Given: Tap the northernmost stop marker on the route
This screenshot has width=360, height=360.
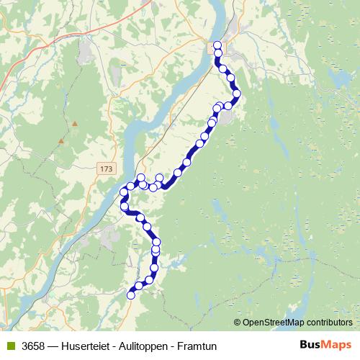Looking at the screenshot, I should pos(217,45).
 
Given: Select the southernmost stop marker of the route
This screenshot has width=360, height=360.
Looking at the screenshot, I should pos(131,294).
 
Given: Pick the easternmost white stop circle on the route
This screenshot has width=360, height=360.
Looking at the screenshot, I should pos(236,94).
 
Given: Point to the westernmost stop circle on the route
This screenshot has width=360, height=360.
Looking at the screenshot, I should pos(122,192).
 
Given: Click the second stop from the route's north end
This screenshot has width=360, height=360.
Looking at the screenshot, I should pos(217,53).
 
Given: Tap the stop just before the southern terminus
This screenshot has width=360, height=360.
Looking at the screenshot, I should pos(140,286).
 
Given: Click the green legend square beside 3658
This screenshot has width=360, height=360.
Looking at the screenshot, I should pos(9,346).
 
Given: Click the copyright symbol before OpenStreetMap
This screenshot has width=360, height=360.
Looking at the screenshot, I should pos(238,323).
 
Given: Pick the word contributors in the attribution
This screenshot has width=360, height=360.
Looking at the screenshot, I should pos(328,323).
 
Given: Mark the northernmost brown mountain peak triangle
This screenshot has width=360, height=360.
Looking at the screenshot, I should pos(75,123).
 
